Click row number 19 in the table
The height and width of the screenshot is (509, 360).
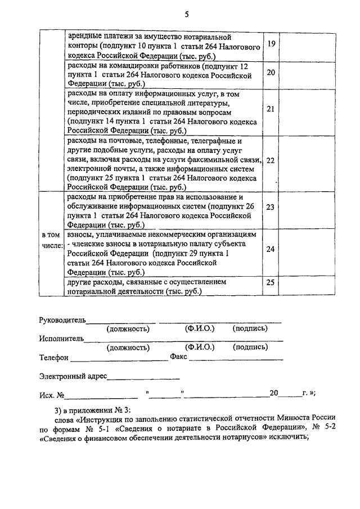click(271, 44)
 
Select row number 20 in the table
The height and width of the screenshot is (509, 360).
click(271, 73)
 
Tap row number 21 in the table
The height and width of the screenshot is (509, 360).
click(271, 109)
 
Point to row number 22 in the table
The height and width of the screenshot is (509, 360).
click(271, 160)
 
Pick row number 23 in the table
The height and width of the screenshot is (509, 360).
click(271, 207)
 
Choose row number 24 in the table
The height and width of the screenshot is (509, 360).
click(271, 249)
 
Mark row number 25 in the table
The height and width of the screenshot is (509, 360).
click(271, 282)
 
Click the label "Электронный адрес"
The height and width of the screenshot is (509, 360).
click(73, 375)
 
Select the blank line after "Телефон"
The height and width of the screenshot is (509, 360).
click(118, 359)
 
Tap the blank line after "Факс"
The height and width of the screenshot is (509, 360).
click(236, 359)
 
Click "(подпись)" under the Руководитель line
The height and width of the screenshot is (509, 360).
click(250, 328)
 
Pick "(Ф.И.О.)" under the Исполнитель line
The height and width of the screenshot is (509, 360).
click(200, 347)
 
